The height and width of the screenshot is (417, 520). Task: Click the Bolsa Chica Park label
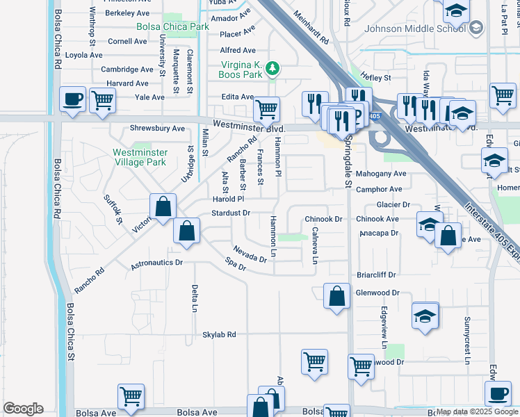point(173,27)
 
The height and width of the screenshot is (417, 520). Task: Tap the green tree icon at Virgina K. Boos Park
point(274,68)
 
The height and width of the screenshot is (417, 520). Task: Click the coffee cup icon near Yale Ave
point(73,99)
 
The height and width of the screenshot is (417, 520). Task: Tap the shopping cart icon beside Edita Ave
point(266,109)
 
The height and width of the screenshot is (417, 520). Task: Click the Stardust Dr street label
point(231,213)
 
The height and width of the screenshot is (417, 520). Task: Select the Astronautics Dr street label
point(156,263)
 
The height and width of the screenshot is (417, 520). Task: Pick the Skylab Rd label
point(220,335)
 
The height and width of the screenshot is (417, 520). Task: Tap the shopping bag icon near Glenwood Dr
point(336,296)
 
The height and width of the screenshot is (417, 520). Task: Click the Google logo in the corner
point(23,409)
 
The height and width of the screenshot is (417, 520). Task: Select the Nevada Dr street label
point(250,254)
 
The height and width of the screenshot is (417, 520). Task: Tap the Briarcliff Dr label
point(376,275)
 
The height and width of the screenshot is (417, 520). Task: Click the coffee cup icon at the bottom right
point(497,394)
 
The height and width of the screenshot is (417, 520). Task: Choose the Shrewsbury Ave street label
point(158,129)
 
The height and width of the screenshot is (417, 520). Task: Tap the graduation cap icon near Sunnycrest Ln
point(425,316)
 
